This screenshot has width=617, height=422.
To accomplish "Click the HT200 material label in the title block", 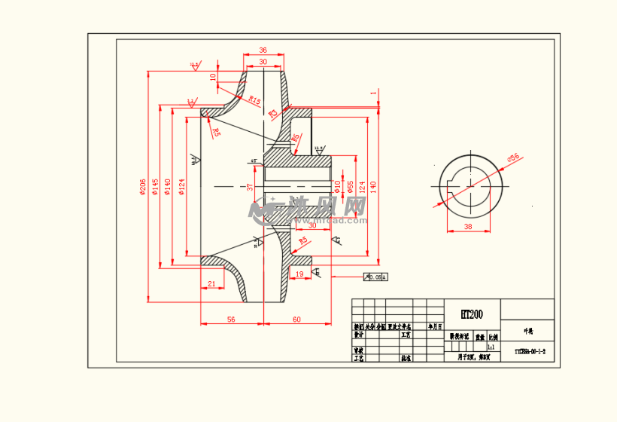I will tap(472, 314).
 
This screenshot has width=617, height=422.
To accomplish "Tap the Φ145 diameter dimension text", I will tap(156, 186).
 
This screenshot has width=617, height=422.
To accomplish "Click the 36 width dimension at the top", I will tap(263, 50).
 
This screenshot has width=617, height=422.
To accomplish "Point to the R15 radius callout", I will tap(254, 101).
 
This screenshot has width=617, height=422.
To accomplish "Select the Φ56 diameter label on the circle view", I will tap(513, 157).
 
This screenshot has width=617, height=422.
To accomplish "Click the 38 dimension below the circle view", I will tap(467, 226).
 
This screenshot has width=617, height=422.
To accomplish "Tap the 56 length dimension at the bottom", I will tap(231, 320).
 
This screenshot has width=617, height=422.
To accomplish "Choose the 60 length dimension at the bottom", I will tap(296, 320).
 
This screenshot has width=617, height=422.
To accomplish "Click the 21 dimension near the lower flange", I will tap(211, 283).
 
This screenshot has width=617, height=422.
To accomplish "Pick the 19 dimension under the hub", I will tap(299, 274).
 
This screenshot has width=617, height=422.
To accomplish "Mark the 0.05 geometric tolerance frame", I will tap(375, 277).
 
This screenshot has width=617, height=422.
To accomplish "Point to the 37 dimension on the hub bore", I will tap(250, 186).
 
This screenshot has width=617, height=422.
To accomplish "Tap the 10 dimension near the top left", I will tap(213, 76).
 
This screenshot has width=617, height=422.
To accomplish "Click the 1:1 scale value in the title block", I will tap(491, 348).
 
